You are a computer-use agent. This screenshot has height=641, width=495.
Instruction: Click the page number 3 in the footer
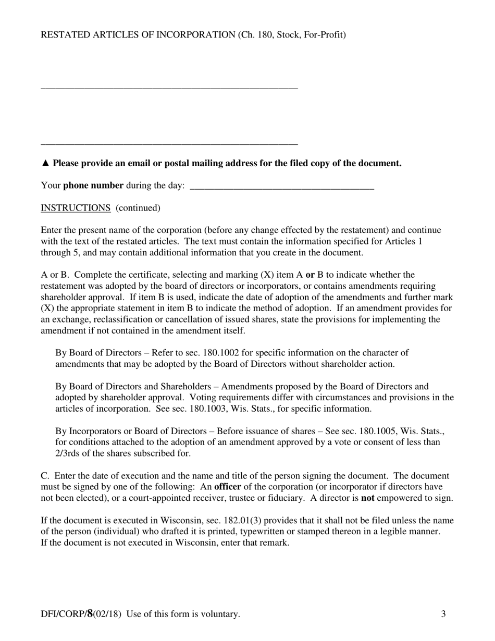[443, 614]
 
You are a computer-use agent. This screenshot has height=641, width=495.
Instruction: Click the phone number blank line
[282, 187]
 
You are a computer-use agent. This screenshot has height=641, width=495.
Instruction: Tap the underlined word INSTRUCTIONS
[76, 208]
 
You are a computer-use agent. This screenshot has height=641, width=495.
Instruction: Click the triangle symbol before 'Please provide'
[45, 163]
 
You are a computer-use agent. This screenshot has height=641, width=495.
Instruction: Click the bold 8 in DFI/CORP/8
[90, 613]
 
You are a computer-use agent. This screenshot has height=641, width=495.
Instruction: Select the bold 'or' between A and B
[310, 275]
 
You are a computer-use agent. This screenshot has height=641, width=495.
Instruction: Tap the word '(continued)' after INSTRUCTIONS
[138, 208]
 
